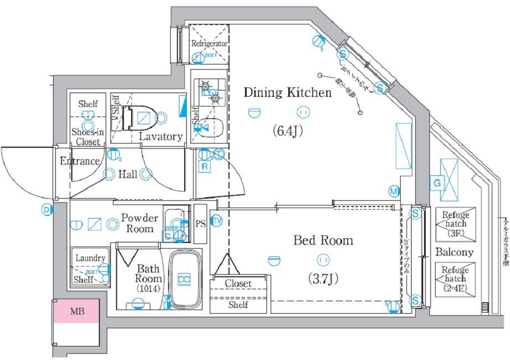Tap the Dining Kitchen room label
click(288, 93)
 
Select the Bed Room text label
click(323, 240)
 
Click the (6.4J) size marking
click(287, 132)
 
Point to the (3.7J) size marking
click(323, 279)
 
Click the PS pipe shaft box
click(200, 224)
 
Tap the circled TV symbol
click(217, 221)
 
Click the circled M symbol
click(394, 191)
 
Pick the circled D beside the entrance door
click(47, 210)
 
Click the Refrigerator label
click(209, 43)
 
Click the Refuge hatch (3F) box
click(455, 224)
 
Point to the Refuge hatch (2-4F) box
click(455, 279)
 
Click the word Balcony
click(454, 252)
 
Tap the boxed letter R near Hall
click(205, 166)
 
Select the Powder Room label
click(139, 223)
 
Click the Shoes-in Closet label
click(87, 137)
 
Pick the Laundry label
click(91, 258)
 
